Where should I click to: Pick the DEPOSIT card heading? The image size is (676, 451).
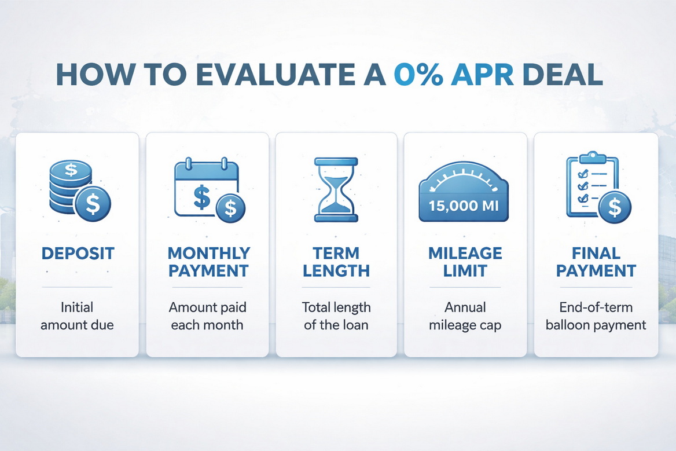point(77,253)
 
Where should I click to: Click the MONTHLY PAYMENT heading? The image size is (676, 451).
point(208,262)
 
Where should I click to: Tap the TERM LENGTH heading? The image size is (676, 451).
point(337,262)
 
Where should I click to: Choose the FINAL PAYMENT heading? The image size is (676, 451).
point(596,262)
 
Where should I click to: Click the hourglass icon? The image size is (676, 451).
point(337,189)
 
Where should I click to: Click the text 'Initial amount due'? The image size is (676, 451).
point(77,316)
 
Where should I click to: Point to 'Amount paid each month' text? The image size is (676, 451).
point(207,316)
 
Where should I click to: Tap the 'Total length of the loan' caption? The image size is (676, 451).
point(337,316)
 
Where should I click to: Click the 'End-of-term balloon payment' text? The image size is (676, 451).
point(596,316)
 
